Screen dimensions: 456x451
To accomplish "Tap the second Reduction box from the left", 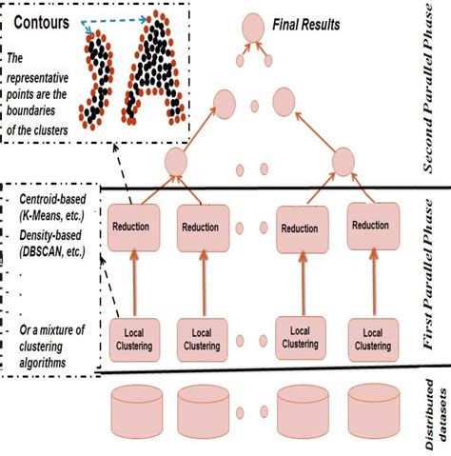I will point(204,229).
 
